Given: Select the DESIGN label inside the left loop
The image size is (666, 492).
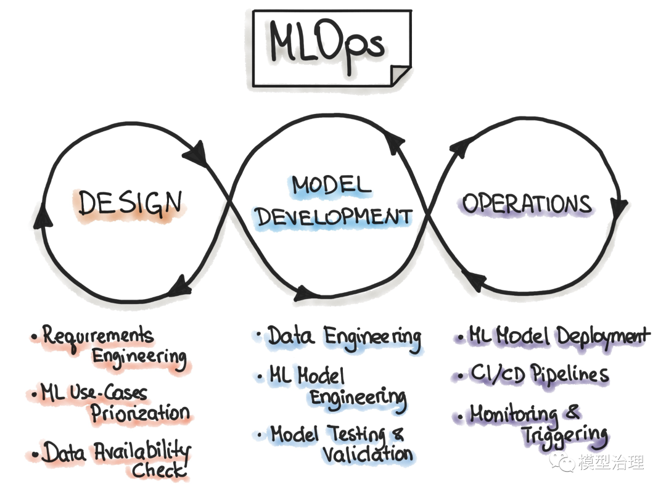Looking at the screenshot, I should (131, 203).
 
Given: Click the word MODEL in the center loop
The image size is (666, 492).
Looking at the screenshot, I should (331, 184).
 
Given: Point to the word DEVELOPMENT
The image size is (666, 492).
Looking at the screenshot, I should (334, 216).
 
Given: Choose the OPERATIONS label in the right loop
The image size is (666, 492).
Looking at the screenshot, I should (527, 203).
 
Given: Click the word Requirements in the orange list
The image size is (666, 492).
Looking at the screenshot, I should (97, 336).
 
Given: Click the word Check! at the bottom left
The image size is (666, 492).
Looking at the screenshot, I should (158, 470).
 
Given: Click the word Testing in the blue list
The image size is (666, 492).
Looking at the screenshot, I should (358, 434).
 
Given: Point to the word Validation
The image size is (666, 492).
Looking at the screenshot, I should (368, 454).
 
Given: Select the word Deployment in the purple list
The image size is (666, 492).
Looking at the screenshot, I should (603, 337).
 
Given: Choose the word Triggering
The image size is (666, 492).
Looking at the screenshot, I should (565, 435).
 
